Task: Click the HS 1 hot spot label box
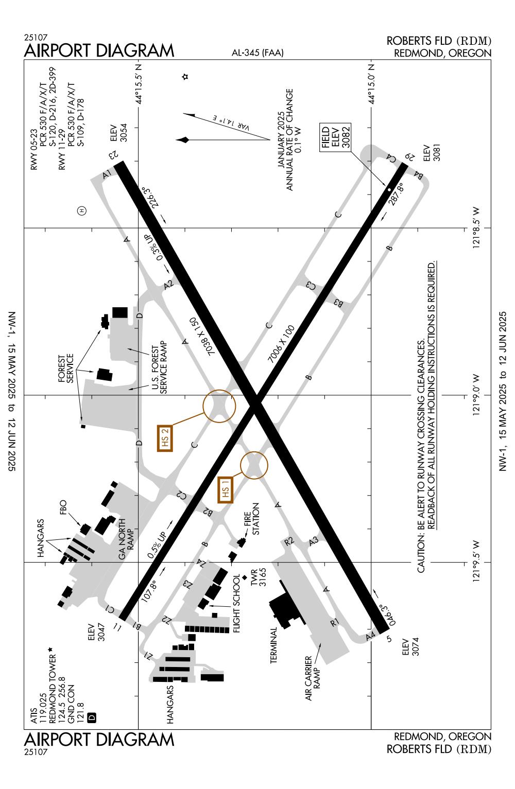[x=225, y=489]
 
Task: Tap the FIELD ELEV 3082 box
[x=335, y=137]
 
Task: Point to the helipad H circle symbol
[x=81, y=210]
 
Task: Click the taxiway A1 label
[x=107, y=174]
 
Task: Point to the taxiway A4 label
[x=370, y=637]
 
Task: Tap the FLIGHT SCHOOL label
[x=236, y=603]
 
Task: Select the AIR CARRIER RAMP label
[x=313, y=678]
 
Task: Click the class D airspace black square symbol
[x=92, y=716]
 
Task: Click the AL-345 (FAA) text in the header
[x=257, y=52]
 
